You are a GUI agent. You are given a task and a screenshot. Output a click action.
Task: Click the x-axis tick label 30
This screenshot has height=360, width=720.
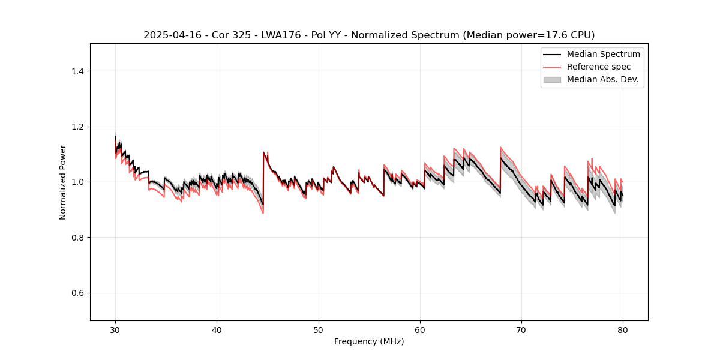115,330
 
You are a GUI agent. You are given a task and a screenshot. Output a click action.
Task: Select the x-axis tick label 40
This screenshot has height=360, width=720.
217,330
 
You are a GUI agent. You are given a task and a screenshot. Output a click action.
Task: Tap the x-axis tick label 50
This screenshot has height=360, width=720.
319,330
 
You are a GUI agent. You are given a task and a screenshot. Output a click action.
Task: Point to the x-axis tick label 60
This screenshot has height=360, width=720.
420,330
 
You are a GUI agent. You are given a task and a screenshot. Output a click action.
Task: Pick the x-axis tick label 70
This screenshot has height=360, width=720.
521,330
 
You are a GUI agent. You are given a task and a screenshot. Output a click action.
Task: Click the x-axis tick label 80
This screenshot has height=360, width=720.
623,330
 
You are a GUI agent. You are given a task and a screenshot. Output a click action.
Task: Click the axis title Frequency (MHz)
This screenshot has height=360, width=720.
369,342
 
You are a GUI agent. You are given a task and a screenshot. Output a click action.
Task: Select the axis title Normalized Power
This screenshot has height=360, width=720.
63,182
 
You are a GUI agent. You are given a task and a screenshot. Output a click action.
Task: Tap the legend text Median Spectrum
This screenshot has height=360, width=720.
603,54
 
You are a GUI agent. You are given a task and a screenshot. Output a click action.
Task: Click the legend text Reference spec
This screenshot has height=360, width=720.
599,67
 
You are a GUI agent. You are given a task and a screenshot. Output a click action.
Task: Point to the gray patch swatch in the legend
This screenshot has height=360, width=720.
552,79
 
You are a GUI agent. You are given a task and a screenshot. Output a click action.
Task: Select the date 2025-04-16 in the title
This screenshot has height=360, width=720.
170,35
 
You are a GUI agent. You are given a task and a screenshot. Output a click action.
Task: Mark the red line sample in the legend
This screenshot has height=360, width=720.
552,67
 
